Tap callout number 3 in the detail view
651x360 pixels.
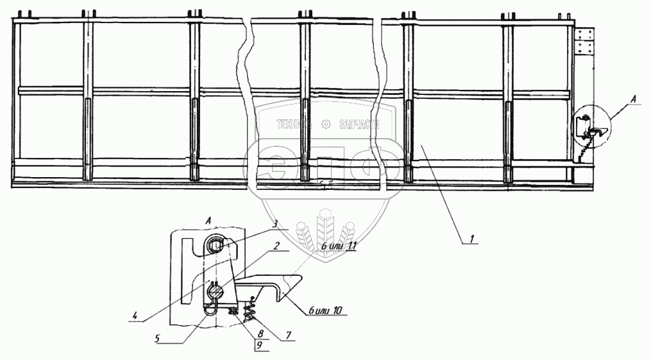[274, 223]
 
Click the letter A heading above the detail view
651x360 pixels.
[210, 220]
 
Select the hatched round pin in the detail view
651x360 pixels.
[216, 293]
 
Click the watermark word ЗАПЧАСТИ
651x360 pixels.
[357, 124]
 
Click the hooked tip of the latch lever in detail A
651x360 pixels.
[280, 296]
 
